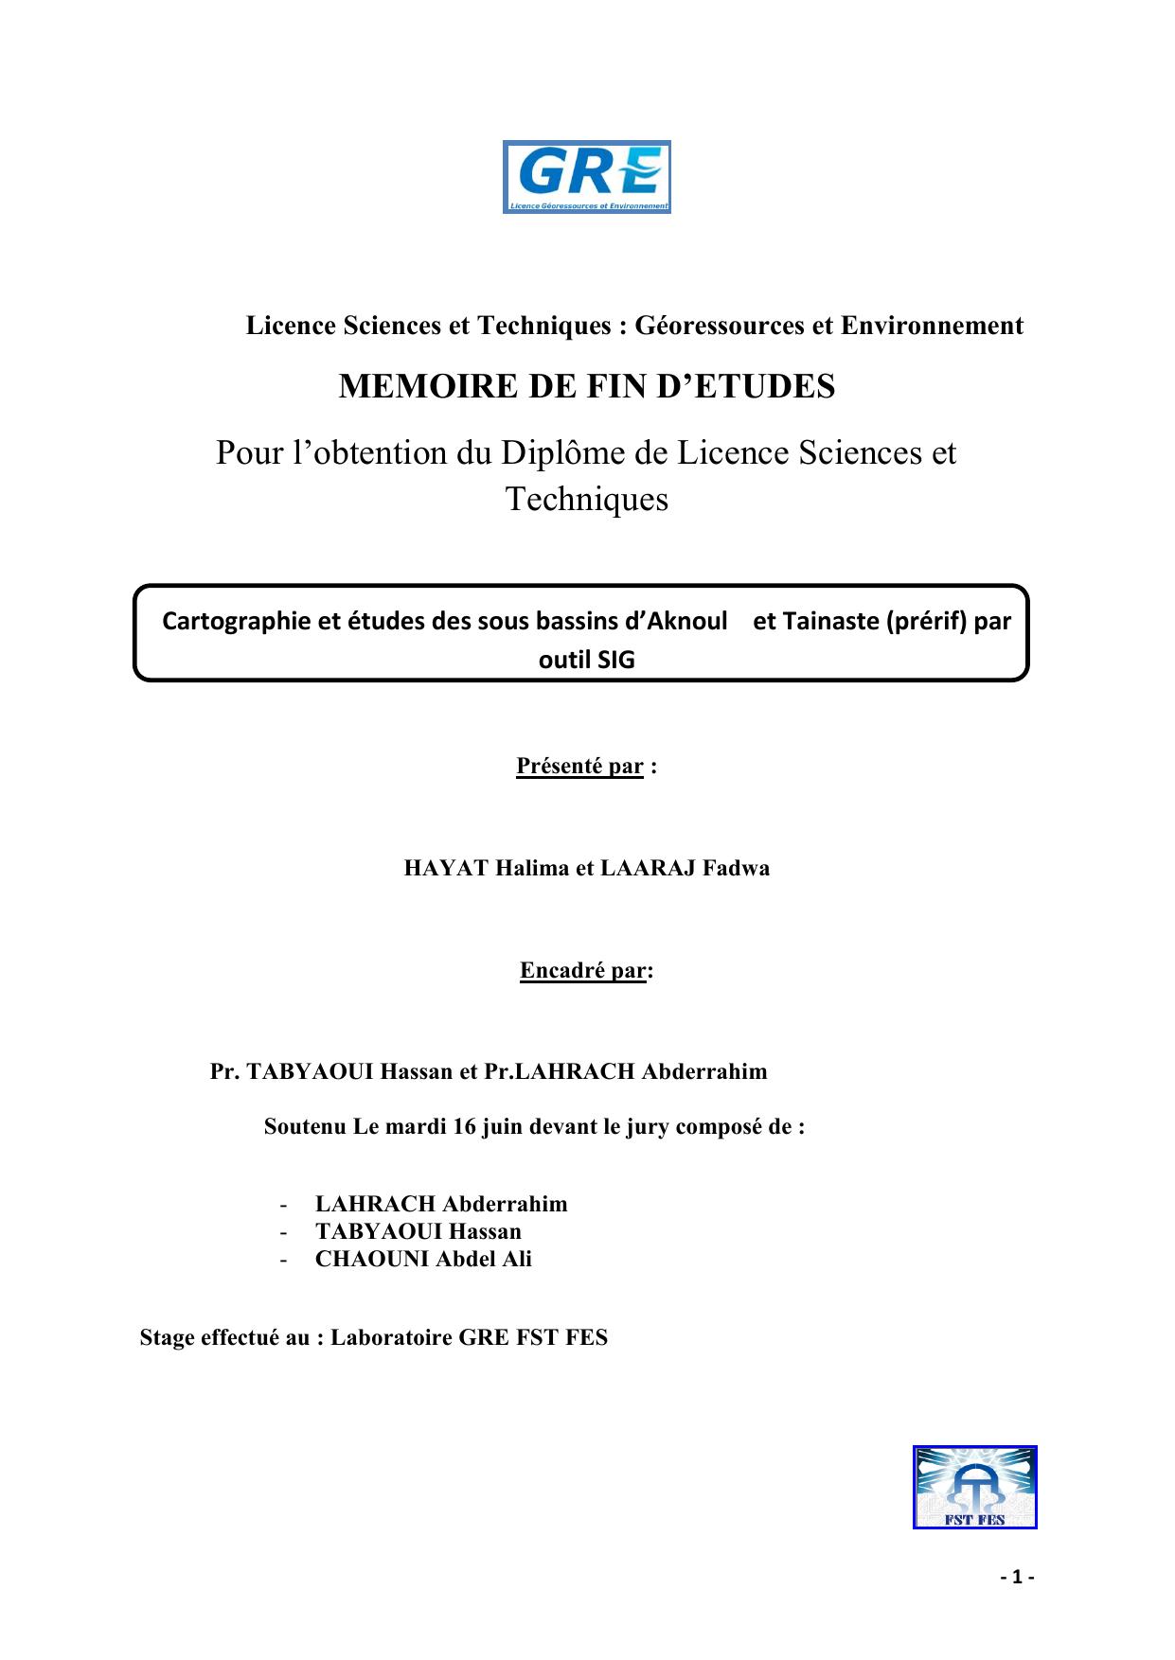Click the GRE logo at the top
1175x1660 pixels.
pos(586,177)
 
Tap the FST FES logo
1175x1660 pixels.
pos(974,1487)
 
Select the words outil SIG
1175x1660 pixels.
pos(586,660)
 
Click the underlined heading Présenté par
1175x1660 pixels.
pos(579,766)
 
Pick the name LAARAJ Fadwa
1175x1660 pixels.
pos(685,868)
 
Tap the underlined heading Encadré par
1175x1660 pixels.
pos(583,970)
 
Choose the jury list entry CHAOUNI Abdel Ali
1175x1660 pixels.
pos(423,1259)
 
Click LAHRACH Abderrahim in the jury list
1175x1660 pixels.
pos(441,1204)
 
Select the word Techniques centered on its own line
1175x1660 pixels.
pos(587,499)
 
